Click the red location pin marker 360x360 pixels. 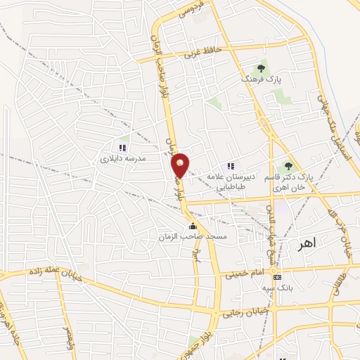(x=181, y=165)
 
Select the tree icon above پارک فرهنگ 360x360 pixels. (x=261, y=69)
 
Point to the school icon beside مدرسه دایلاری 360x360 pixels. (x=122, y=148)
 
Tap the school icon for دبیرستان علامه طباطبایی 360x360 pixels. (x=231, y=166)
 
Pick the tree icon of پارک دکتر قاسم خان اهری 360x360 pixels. (x=287, y=166)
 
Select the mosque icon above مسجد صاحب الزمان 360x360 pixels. (x=193, y=226)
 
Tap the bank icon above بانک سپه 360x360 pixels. (x=278, y=277)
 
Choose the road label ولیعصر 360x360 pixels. (x=68, y=336)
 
